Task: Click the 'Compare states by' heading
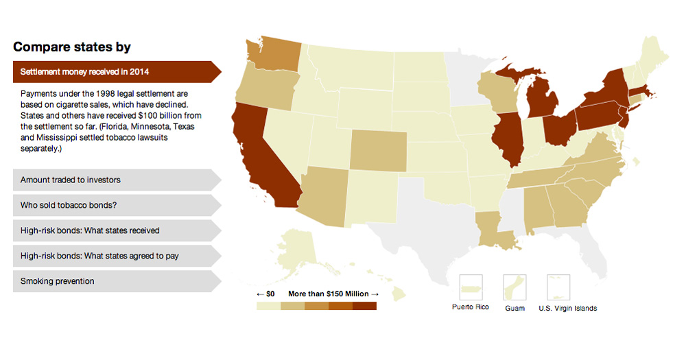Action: point(72,47)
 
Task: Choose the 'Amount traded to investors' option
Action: point(71,180)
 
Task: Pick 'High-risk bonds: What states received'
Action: point(90,230)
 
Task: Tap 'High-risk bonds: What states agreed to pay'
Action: point(99,256)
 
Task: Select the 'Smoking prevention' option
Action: point(58,281)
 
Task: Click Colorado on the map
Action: point(378,149)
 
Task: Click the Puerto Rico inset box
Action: point(471,287)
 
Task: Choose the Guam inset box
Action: point(514,287)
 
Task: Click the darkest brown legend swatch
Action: point(364,306)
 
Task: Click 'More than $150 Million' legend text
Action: point(329,293)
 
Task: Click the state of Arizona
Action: point(323,195)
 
